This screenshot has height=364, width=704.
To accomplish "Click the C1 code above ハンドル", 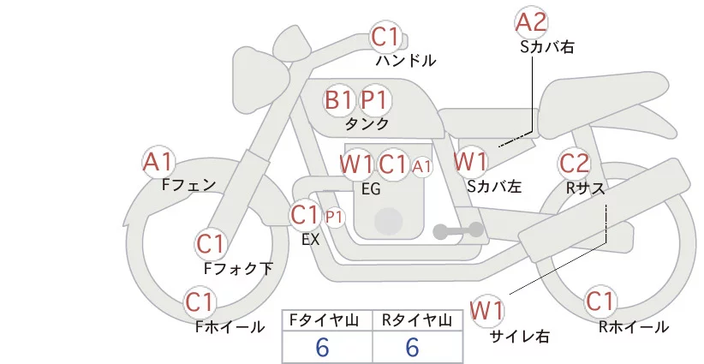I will coord(385,38).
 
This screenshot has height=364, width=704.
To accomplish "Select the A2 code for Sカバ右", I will coord(531,22).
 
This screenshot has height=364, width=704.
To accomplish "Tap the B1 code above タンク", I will coord(339,100).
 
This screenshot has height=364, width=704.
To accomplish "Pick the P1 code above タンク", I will coord(375,100).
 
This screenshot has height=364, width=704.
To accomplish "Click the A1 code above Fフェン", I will coord(159,161).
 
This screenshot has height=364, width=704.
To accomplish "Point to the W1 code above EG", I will coord(356,164).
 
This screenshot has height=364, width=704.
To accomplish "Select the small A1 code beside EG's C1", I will coord(422,166).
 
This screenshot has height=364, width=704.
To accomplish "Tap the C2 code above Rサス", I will coord(574,163).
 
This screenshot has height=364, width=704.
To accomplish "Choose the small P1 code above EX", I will coord(334,217).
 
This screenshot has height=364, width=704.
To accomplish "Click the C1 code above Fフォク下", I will coord(210,244).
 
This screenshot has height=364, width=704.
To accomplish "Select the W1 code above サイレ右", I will coord(488,308).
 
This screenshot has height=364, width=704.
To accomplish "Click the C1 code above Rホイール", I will coord(600,301).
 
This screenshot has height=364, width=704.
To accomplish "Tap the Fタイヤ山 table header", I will coord(327,319).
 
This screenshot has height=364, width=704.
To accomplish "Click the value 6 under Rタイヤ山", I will coord(413,347).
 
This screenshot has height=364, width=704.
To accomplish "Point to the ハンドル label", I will coord(406,61).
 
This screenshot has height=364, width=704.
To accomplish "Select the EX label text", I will coord(310,240).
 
